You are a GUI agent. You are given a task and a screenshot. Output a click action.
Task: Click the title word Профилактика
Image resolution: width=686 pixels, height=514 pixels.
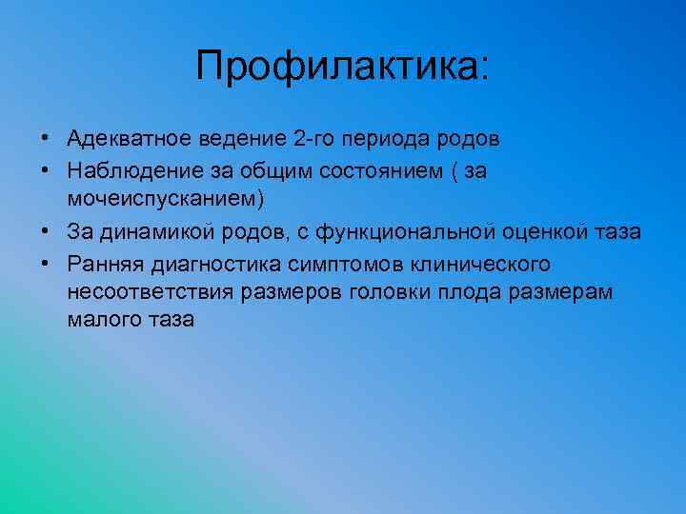tap(339, 68)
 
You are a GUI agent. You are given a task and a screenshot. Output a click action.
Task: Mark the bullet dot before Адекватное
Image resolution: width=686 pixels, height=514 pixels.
tap(46, 140)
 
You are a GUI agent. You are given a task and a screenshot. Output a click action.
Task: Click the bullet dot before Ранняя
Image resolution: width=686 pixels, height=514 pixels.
tap(46, 262)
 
